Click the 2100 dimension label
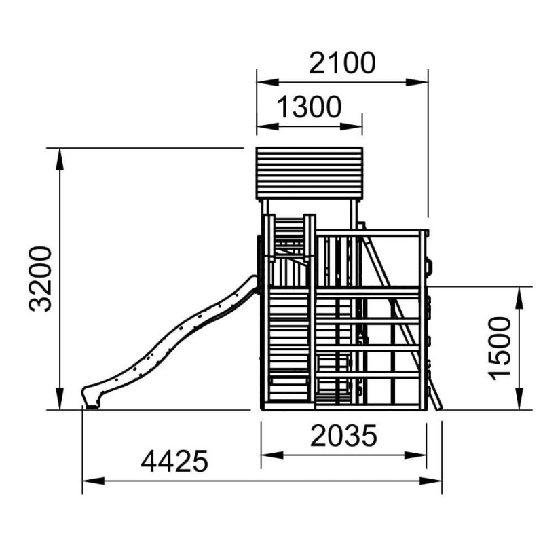click(342, 62)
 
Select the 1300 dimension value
click(310, 107)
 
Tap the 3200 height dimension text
click(40, 279)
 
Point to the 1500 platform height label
click(500, 349)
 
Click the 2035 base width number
click(343, 435)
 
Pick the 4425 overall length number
click(174, 462)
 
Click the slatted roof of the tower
click(310, 173)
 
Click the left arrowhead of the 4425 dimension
click(94, 481)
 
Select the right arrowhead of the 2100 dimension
click(417, 82)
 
